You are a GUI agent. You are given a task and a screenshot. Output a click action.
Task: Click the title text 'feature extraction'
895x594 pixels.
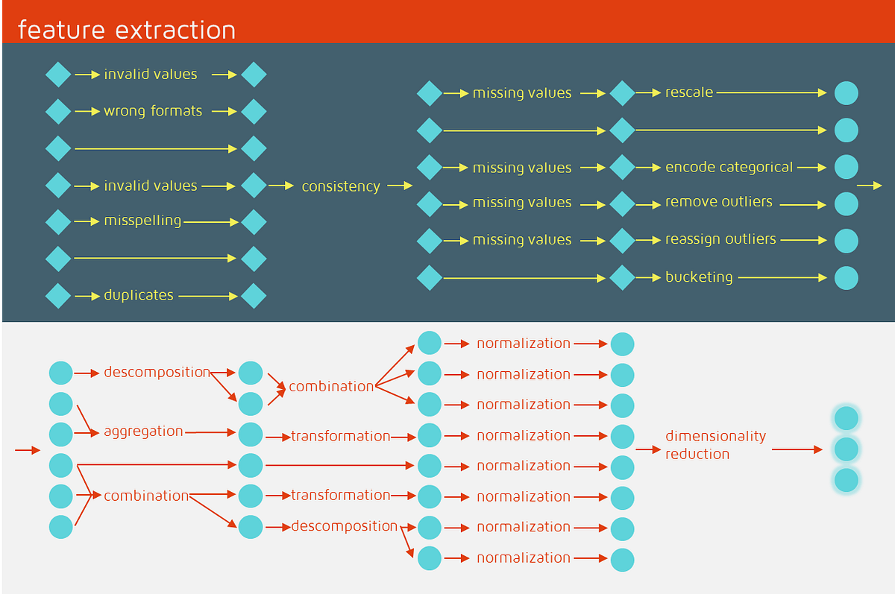pos(126,30)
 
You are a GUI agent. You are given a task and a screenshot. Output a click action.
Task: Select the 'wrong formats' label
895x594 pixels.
pos(153,111)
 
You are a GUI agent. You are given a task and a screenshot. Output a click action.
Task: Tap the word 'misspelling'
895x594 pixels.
pos(142,221)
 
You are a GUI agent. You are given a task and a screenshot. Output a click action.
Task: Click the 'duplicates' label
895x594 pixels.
pos(139,295)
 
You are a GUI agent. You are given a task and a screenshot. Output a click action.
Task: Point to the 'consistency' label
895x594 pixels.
pos(341,186)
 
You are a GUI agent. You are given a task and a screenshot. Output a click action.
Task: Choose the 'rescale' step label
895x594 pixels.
pos(689,92)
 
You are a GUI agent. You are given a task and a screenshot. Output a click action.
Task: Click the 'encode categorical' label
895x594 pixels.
pos(729,167)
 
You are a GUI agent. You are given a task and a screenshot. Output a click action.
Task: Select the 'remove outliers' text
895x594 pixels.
pos(719,202)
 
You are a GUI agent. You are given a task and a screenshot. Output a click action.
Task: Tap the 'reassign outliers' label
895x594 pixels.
pos(720,239)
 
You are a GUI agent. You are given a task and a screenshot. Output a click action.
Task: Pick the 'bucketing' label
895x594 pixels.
pos(699,277)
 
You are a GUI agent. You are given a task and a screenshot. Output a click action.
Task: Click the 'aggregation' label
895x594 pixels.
pos(143,431)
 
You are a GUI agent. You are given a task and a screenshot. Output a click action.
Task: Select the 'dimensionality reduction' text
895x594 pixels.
pos(715,445)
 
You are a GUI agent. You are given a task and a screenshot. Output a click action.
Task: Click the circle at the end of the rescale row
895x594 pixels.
pos(846,93)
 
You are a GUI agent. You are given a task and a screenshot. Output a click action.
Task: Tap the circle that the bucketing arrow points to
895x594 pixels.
pos(846,278)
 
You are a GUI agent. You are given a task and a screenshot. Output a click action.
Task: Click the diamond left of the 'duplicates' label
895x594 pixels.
pos(58,296)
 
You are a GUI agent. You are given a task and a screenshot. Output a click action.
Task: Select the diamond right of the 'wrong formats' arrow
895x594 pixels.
pos(254,112)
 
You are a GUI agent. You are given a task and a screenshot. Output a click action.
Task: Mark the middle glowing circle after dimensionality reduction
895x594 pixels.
pos(846,449)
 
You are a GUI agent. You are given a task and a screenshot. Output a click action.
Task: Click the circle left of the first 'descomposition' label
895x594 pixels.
pos(61,373)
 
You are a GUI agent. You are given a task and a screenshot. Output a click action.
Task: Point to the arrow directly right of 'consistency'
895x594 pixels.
pos(401,186)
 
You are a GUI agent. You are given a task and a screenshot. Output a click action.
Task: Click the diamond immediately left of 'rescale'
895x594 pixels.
pos(622,94)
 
